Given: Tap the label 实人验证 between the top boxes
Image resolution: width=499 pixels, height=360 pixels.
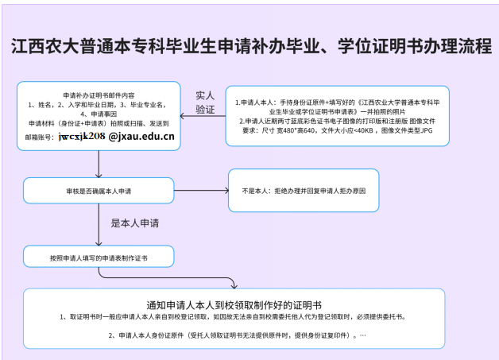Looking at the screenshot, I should click(205, 103).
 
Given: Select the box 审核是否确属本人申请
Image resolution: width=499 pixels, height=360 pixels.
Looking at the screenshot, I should click(99, 191).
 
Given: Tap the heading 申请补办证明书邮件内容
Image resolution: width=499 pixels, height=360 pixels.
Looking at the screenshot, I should click(99, 95).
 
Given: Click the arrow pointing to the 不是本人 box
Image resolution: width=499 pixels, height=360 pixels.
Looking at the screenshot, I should click(203, 191).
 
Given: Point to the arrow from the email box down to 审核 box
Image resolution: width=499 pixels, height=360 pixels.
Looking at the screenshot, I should click(99, 163).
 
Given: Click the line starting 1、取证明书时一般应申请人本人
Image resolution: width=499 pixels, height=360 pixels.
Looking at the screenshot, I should click(235, 316).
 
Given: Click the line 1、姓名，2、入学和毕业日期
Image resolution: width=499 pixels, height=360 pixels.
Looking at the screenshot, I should click(99, 104).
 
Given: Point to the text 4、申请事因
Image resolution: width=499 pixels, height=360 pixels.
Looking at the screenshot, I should click(99, 114).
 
